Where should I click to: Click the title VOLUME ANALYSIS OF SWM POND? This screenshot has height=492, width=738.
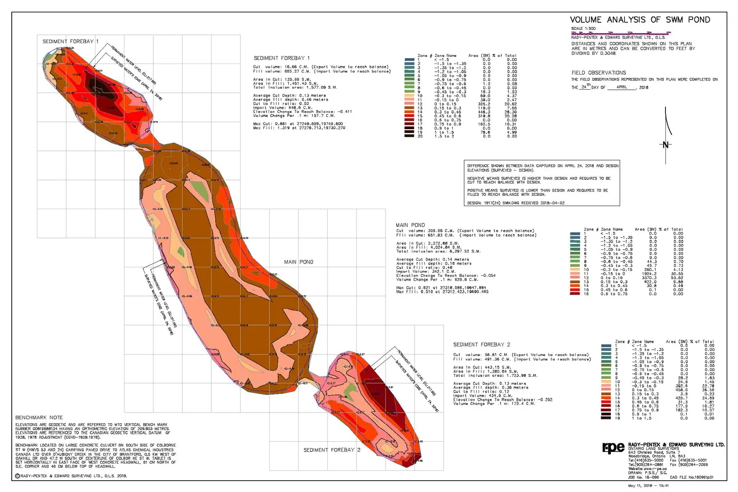pos(640,20)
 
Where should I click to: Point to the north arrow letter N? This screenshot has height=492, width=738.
pos(666,145)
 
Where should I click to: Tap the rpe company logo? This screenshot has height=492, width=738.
pos(613,448)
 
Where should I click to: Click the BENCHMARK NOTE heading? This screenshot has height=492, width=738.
pos(39,417)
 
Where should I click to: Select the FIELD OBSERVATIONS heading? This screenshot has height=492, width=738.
pos(599,73)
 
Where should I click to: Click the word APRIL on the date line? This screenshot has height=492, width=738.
pos(622,87)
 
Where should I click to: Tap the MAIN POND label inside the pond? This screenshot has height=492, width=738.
pos(299,262)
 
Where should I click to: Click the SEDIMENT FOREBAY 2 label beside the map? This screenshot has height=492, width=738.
pos(332,450)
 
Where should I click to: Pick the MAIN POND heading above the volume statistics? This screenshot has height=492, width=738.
pos(410,225)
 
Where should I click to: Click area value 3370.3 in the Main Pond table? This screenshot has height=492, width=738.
pos(649,278)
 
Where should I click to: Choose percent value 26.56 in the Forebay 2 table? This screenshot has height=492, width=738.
pos(708,390)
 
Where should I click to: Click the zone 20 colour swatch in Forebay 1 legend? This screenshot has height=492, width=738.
pos(409,137)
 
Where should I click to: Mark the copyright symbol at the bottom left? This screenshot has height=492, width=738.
pos(17,476)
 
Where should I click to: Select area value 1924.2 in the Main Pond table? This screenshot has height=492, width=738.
pos(649,274)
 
